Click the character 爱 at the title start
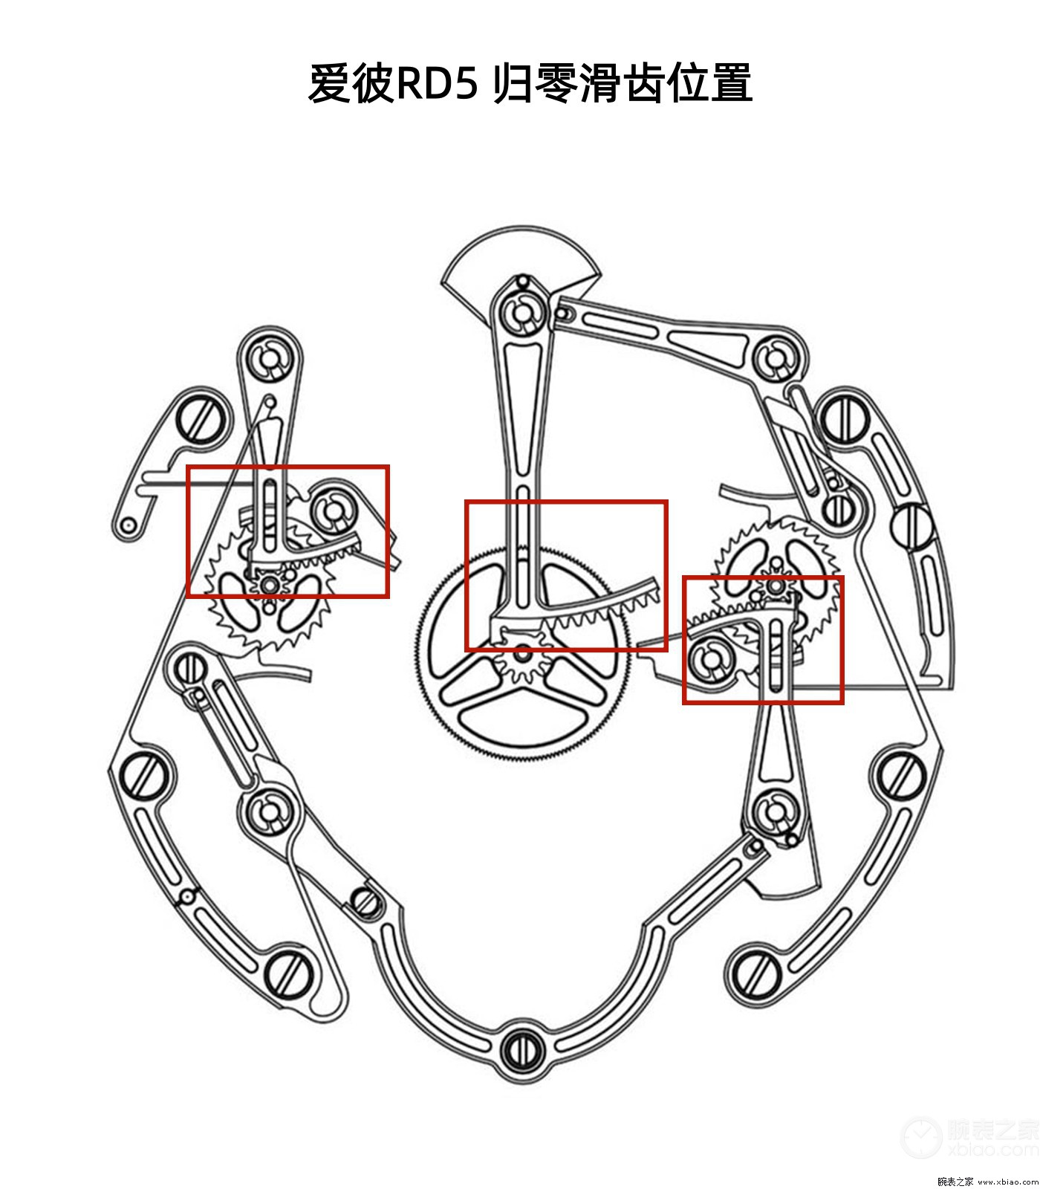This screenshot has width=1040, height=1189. (x=328, y=83)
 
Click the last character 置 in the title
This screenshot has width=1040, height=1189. (x=731, y=83)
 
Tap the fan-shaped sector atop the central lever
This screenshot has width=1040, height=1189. (x=520, y=256)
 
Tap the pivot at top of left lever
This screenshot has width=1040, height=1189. (x=270, y=359)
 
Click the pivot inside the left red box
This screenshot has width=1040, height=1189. (x=333, y=511)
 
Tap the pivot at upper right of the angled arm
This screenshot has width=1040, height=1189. (x=777, y=359)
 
